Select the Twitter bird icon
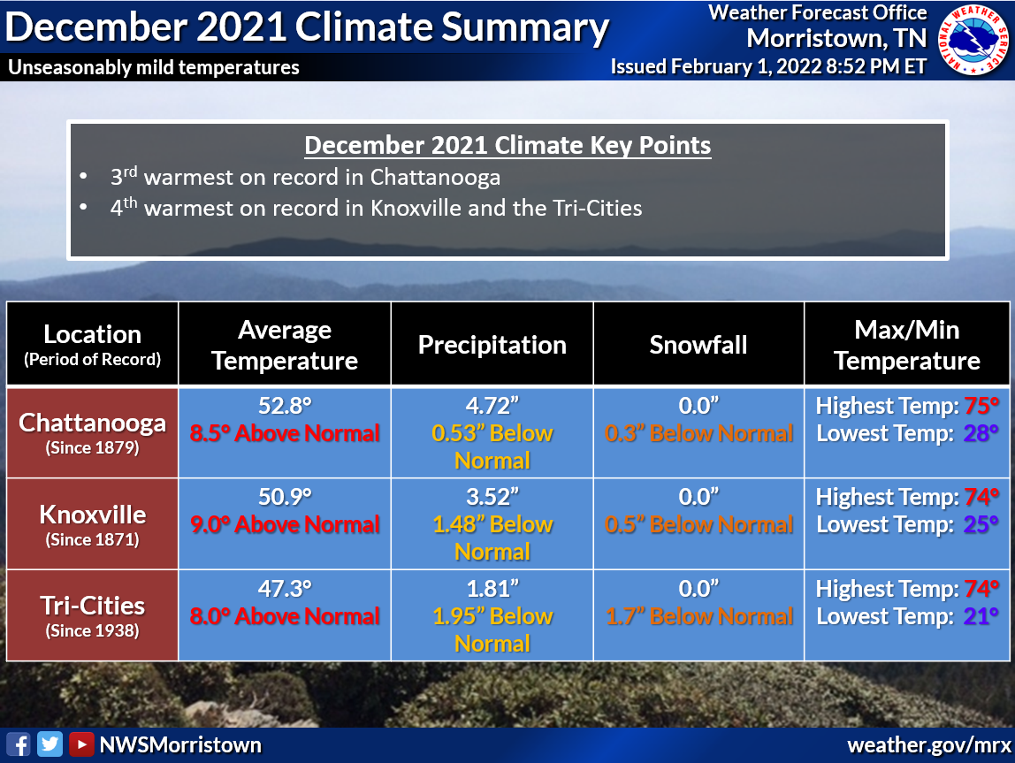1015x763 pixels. click(x=50, y=744)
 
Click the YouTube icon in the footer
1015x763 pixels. click(x=81, y=744)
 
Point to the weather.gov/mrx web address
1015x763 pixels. click(x=927, y=744)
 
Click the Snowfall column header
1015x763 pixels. click(x=698, y=344)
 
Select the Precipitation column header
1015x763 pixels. click(x=492, y=344)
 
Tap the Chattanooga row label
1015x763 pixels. click(x=92, y=423)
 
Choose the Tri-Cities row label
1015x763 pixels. click(x=92, y=606)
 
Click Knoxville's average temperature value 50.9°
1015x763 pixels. click(x=285, y=497)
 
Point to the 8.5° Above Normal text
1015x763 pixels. click(x=285, y=433)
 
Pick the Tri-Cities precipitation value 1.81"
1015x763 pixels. click(x=492, y=589)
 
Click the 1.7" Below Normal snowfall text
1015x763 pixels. click(x=698, y=616)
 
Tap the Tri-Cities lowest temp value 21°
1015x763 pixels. click(x=981, y=616)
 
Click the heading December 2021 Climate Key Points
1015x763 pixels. click(x=507, y=145)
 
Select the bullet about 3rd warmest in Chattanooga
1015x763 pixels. click(x=305, y=177)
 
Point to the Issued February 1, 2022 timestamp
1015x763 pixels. click(x=768, y=67)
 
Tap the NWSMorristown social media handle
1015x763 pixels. click(x=180, y=744)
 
